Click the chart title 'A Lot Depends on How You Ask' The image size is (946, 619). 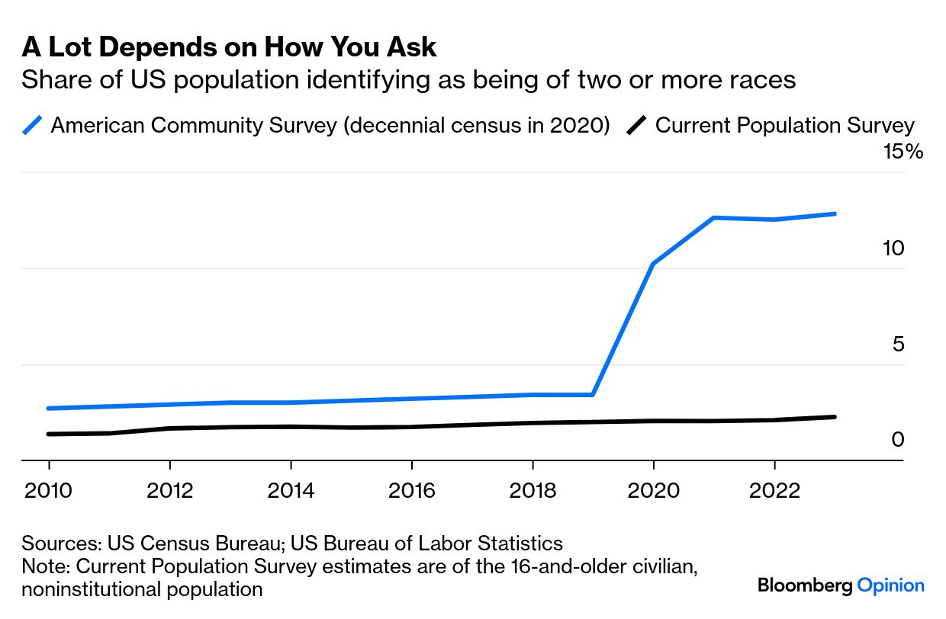[229, 47]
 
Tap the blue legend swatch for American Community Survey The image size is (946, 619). [32, 125]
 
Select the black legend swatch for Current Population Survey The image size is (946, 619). [636, 125]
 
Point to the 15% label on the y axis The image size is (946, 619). [903, 151]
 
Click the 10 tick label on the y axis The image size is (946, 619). [893, 248]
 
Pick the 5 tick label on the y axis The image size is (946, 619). [898, 344]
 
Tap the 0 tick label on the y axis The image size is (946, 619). [898, 440]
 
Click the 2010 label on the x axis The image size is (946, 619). [48, 491]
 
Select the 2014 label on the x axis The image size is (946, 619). [291, 491]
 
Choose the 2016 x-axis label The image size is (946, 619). [411, 491]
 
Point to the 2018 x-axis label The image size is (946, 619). [533, 491]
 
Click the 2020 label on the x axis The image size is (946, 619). [653, 491]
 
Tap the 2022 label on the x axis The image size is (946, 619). [774, 491]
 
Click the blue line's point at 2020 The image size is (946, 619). [653, 264]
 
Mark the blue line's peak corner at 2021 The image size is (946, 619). [714, 218]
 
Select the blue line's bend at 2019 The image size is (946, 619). [593, 395]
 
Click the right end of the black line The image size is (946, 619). [835, 417]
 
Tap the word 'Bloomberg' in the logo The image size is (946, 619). [805, 585]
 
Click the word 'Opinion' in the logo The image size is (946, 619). [890, 585]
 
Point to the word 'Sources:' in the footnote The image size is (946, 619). [62, 544]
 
